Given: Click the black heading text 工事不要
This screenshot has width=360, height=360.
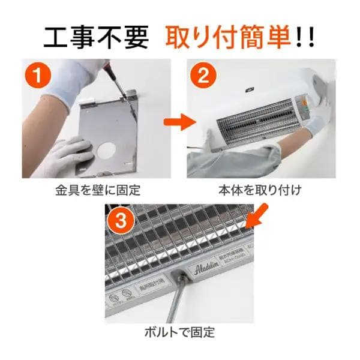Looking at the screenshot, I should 96,37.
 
